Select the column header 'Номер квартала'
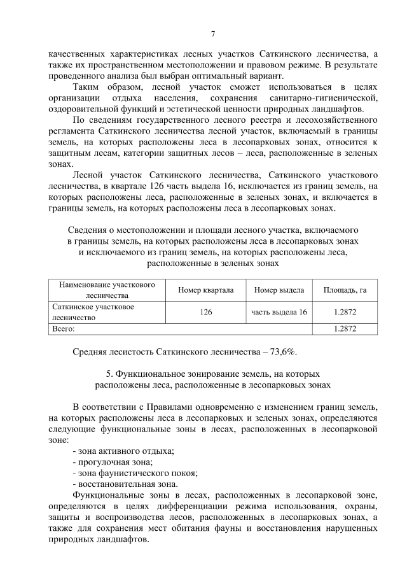pyautogui.click(x=205, y=290)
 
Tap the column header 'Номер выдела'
pyautogui.click(x=278, y=290)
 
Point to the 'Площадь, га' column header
pyautogui.click(x=345, y=290)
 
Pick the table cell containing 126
pyautogui.click(x=205, y=312)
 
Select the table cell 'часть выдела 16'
pyautogui.click(x=279, y=312)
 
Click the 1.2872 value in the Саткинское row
pyautogui.click(x=345, y=312)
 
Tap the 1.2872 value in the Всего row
pyautogui.click(x=345, y=328)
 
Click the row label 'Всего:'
pyautogui.click(x=64, y=328)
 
